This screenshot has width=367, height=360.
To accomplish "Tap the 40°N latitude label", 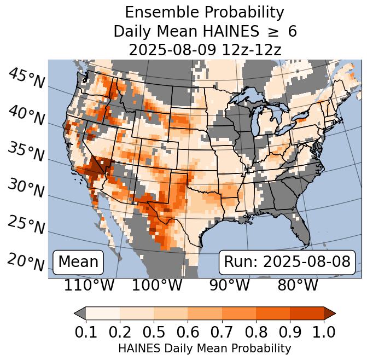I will coord(26,115).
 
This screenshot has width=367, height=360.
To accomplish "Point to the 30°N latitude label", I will coord(26,188).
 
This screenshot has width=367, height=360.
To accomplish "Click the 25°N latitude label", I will coord(26,225).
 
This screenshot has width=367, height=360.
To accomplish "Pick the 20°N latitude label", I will coord(26,262).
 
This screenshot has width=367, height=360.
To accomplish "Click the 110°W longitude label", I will coord(89,285).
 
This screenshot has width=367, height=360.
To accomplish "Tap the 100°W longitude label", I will coord(157,285).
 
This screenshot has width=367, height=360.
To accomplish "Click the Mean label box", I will coord(78,262).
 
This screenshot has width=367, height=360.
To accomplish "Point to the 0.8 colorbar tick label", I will coord(256,332).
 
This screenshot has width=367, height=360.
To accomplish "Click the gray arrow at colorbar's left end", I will coord(80,313).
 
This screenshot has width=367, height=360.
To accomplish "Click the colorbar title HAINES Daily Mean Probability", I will coord(205,348).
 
